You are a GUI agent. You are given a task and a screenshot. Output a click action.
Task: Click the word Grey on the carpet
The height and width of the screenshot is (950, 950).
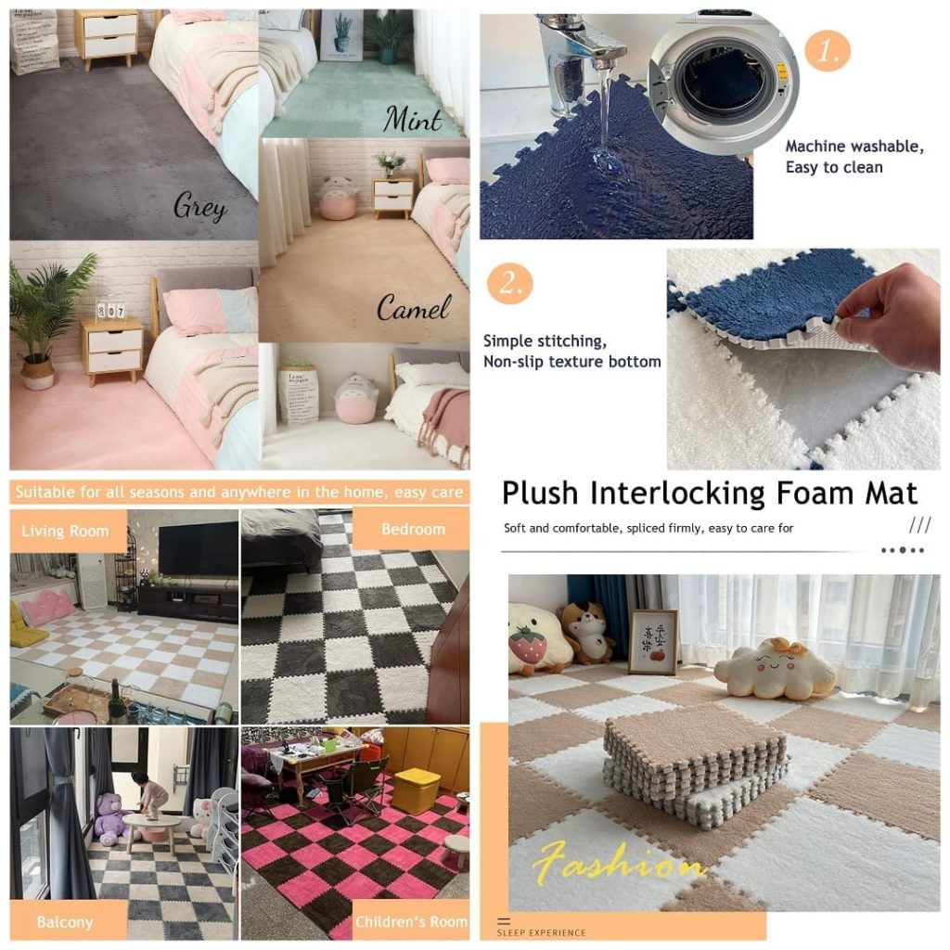pyautogui.click(x=199, y=206)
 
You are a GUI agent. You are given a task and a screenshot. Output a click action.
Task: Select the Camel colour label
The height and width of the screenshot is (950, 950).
pyautogui.click(x=414, y=307)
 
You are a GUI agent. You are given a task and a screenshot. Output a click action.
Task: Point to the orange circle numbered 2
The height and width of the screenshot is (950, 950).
pyautogui.click(x=510, y=283)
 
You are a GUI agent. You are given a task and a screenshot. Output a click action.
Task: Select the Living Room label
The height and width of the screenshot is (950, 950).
pyautogui.click(x=65, y=532)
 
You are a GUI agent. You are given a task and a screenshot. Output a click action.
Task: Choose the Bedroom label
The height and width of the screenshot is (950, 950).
pyautogui.click(x=413, y=529)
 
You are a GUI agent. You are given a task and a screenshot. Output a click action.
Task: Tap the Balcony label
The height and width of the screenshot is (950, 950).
pyautogui.click(x=64, y=922)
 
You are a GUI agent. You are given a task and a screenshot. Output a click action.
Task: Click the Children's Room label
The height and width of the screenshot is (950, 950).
pyautogui.click(x=411, y=922)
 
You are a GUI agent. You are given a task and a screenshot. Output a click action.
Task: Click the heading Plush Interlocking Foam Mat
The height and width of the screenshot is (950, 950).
pyautogui.click(x=709, y=493)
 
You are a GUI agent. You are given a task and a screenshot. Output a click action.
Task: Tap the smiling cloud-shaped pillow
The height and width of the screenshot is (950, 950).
pyautogui.click(x=774, y=669)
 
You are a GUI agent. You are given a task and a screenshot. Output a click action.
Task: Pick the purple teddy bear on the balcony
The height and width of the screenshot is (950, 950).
pyautogui.click(x=110, y=815)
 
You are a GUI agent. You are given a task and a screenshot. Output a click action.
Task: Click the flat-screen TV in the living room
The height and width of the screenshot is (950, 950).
pyautogui.click(x=198, y=548)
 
